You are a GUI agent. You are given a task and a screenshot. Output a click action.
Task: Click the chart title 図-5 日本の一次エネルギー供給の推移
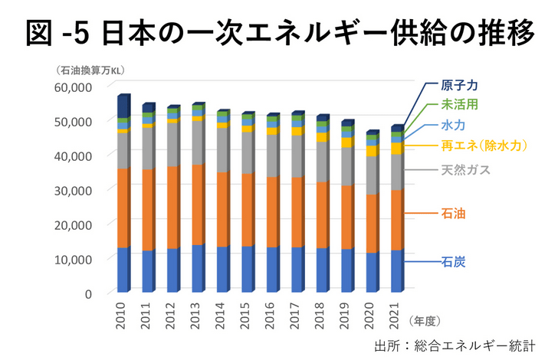click(x=278, y=32)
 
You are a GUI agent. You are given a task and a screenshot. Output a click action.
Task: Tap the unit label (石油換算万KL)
click(x=90, y=70)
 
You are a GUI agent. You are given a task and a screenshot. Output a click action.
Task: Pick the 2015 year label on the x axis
click(x=246, y=315)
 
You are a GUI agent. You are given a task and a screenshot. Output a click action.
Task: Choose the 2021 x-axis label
click(x=396, y=315)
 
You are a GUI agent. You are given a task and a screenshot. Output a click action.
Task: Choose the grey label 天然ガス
click(x=465, y=170)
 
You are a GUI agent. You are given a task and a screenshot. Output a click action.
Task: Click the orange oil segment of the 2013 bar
click(x=197, y=205)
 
